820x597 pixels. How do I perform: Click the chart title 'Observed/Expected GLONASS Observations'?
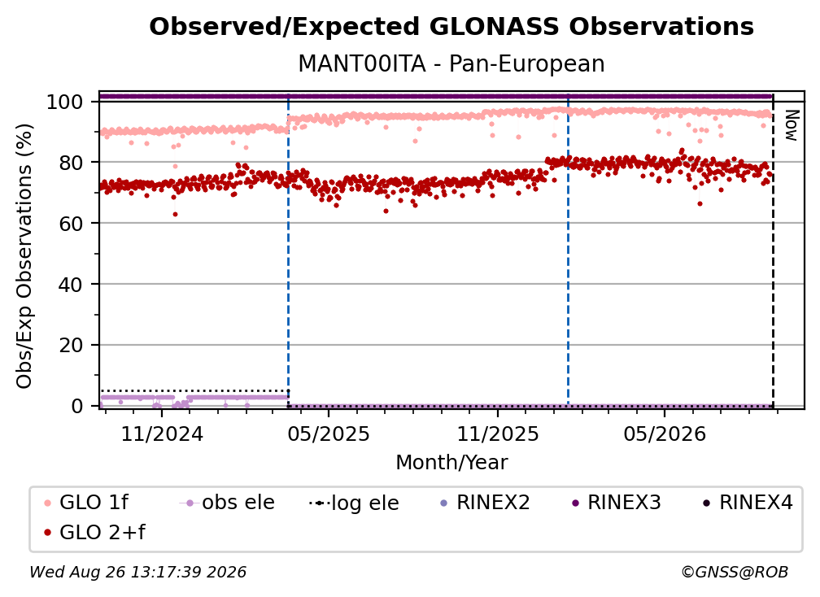click(451, 27)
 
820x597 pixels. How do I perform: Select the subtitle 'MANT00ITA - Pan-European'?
click(451, 64)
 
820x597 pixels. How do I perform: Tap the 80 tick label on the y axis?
click(71, 163)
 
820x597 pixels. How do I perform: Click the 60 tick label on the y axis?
click(71, 224)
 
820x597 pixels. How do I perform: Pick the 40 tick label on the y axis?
click(71, 285)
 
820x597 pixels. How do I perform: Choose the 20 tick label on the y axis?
click(71, 346)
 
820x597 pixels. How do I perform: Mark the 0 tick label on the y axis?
click(76, 406)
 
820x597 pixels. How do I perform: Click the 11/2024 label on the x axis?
click(162, 434)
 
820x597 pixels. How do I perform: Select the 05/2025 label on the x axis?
click(329, 434)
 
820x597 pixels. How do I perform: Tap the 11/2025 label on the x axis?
click(498, 434)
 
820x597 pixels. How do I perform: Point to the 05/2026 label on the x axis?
click(665, 434)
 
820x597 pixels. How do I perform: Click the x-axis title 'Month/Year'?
click(451, 463)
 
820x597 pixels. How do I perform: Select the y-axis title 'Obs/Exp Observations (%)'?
click(24, 256)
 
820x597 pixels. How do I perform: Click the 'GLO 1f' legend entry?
click(85, 503)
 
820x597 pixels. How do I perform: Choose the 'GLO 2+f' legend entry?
click(94, 533)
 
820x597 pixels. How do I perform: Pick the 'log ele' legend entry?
click(354, 503)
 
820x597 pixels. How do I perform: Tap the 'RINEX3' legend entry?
click(617, 503)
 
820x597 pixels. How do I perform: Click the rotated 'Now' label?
click(792, 125)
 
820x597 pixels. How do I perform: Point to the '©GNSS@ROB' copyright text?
click(735, 573)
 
